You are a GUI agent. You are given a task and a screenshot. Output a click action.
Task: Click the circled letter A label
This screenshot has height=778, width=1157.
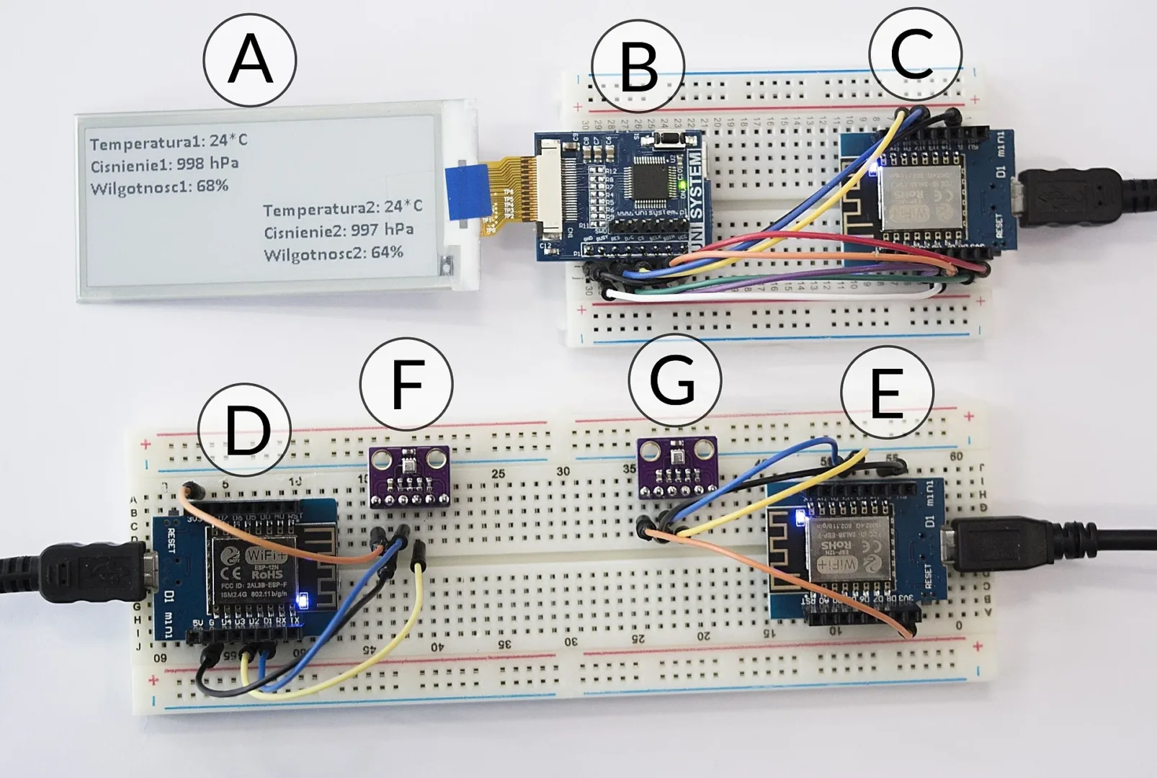coord(249,60)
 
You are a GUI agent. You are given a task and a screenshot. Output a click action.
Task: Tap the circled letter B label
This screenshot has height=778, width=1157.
coord(638,67)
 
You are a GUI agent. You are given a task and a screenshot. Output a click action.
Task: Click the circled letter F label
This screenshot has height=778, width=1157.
coord(406,384)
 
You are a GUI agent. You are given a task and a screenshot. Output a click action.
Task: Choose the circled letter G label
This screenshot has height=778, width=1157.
coord(674,380)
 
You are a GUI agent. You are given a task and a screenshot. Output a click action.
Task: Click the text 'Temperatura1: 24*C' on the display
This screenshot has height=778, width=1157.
coord(169,141)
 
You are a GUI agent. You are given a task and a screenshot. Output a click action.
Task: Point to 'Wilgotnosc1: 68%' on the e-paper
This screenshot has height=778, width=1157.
coord(159,187)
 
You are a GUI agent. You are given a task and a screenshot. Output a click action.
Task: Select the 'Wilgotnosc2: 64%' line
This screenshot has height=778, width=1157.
coord(333,254)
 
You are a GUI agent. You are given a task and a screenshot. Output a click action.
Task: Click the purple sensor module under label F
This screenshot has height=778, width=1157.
coord(409,476)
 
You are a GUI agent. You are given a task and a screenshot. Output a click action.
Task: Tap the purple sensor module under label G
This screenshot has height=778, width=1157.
coord(678,467)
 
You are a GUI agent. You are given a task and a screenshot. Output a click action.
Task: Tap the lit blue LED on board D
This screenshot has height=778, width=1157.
coord(303,599)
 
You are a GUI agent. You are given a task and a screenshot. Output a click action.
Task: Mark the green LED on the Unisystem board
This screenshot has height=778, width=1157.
coord(681,187)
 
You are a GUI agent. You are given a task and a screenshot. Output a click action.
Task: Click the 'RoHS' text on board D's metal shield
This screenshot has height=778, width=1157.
coord(266,574)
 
